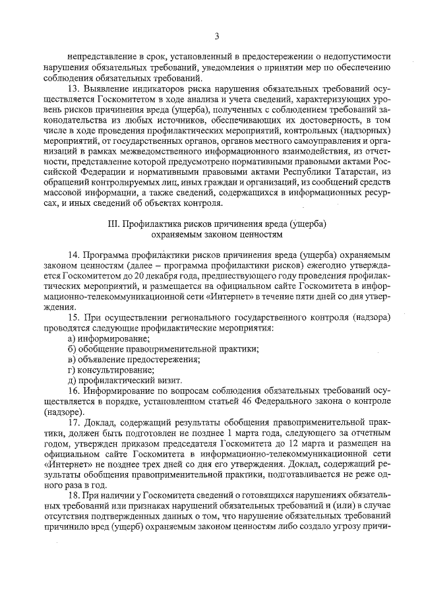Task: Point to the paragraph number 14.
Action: pos(74,255)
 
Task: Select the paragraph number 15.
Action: pos(74,317)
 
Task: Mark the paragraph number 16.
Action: pos(74,391)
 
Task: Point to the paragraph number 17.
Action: pos(74,422)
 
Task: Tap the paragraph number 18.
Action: pos(73,496)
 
